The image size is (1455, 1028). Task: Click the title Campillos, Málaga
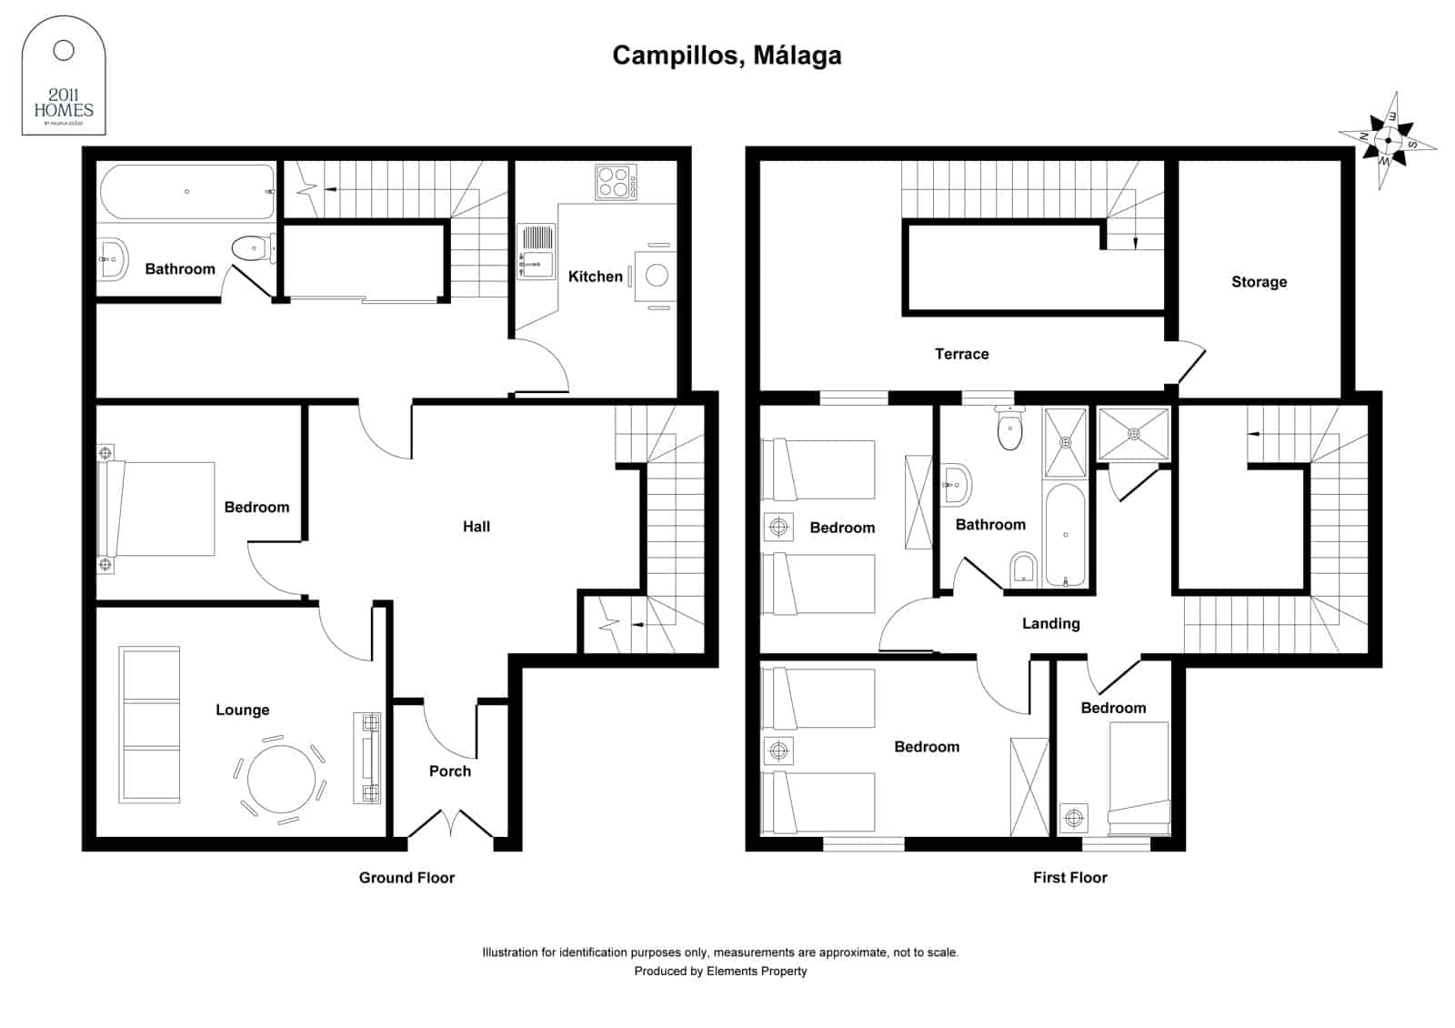click(727, 55)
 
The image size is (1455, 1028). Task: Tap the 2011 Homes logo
click(64, 78)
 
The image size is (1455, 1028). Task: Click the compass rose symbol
click(1388, 140)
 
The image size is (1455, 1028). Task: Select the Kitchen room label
click(595, 277)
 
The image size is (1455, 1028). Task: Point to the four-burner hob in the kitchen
click(616, 181)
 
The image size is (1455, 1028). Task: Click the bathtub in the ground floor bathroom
click(186, 192)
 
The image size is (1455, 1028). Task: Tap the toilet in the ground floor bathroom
click(250, 247)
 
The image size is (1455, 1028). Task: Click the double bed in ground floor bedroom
click(159, 509)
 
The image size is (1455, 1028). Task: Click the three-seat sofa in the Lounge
click(150, 725)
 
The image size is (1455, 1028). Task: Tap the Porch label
click(449, 771)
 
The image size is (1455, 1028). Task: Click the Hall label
click(476, 527)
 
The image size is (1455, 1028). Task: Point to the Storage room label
click(1259, 282)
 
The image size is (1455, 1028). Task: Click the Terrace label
click(961, 354)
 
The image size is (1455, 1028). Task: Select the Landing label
click(1050, 624)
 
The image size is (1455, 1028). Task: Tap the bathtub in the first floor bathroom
click(1065, 535)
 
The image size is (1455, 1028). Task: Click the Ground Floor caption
click(406, 878)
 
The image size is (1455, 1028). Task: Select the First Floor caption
click(1069, 878)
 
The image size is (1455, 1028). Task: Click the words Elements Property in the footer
click(757, 972)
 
